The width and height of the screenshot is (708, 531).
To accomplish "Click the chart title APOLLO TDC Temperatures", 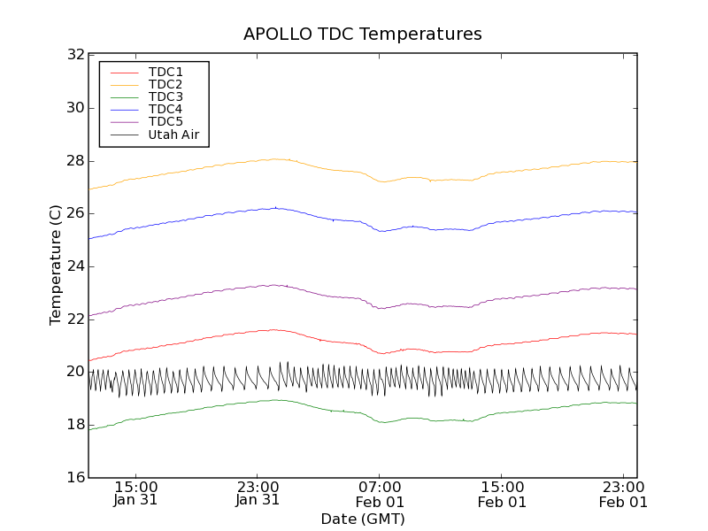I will click(x=363, y=35).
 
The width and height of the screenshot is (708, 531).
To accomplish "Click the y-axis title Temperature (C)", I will click(x=56, y=265).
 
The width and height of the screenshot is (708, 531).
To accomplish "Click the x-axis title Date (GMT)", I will click(x=363, y=519).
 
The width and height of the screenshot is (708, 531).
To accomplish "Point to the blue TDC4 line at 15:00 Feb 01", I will click(x=502, y=221).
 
